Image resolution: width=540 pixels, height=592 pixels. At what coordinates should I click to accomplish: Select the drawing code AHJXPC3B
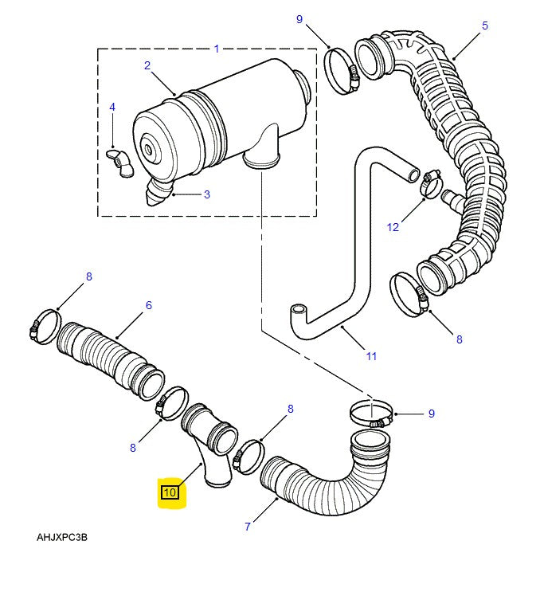pos(62,537)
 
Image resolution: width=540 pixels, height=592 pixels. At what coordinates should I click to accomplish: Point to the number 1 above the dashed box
pos(216,49)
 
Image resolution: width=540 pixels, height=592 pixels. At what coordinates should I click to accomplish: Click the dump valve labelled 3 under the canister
pos(160,194)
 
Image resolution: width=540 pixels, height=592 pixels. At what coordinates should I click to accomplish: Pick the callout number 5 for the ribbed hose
pos(484,25)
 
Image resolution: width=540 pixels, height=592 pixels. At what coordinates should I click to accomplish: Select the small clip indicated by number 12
pos(430,184)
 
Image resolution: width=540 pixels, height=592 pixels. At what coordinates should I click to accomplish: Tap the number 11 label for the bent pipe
pos(371,356)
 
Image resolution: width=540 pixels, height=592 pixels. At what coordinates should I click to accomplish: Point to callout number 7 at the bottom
pos(248,526)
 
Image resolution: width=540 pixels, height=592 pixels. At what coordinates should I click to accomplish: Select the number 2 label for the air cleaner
pos(147,65)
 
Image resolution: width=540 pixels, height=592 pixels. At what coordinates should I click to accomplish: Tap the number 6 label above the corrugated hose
pos(148,305)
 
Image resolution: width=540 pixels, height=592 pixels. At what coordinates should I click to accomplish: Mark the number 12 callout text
pos(393,227)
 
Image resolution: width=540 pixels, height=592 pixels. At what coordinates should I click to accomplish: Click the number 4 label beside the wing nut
pos(112,107)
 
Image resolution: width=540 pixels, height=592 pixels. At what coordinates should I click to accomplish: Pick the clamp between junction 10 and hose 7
pos(248,455)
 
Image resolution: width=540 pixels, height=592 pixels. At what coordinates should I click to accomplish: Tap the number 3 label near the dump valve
pos(206,194)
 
